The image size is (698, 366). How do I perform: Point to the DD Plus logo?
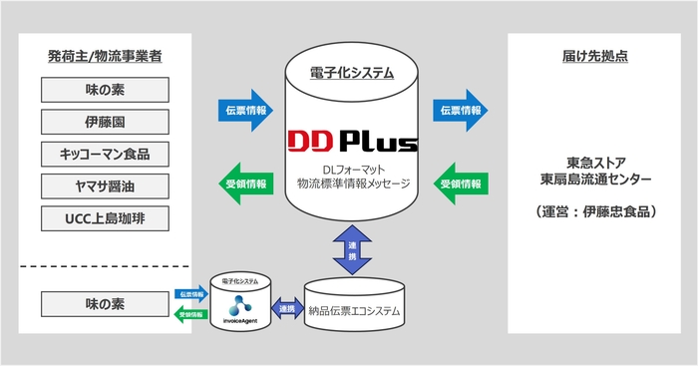(x=349, y=139)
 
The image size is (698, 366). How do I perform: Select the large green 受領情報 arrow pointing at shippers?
(x=242, y=183)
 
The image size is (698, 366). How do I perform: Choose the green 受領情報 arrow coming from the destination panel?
(x=460, y=183)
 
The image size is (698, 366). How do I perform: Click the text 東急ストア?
(x=596, y=163)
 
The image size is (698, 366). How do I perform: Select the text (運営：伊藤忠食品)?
(x=596, y=213)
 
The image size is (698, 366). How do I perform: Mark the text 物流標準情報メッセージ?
(x=349, y=183)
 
